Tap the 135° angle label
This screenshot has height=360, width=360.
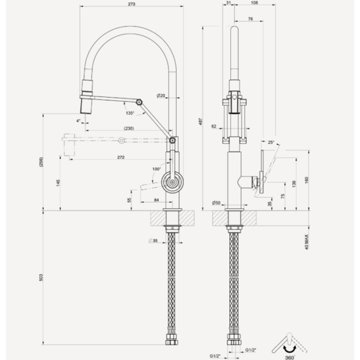coord(129,113)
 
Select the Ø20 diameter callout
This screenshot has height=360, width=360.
coord(160,96)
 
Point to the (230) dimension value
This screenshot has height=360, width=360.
coord(129,129)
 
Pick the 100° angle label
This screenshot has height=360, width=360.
coord(157,169)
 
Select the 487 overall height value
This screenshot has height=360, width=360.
coord(202,122)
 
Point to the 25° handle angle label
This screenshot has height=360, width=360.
coord(271,142)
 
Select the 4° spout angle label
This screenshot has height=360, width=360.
coord(78,121)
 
